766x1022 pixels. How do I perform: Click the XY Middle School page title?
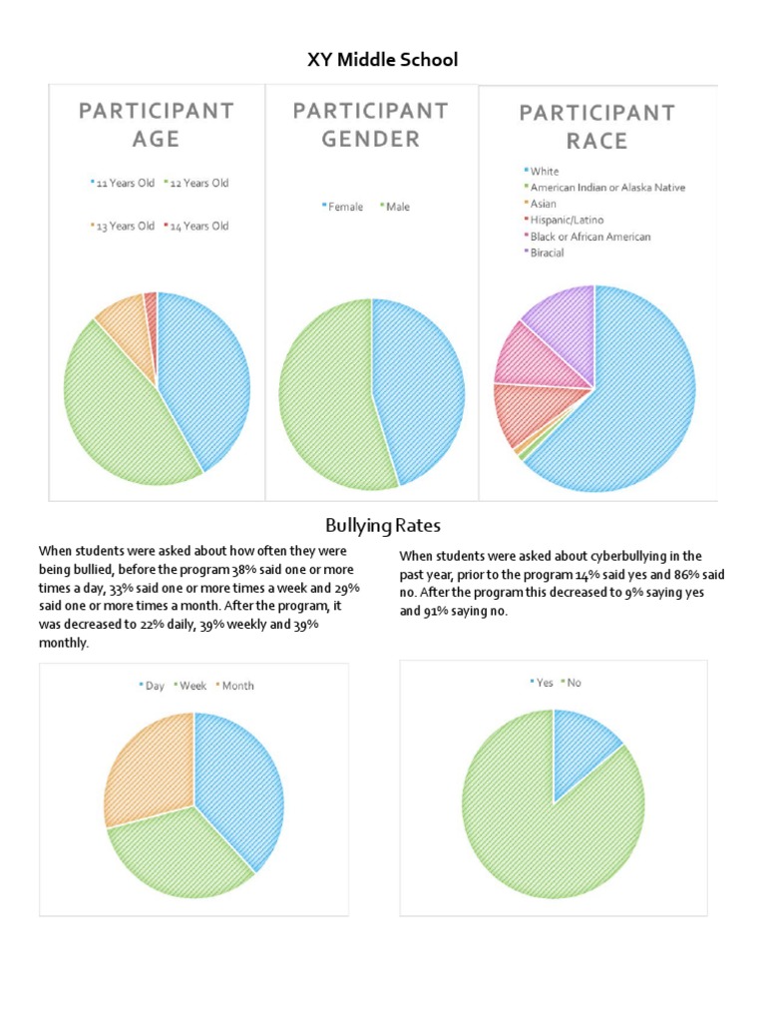click(x=383, y=60)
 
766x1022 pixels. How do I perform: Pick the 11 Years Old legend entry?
click(x=122, y=184)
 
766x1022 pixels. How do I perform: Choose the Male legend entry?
click(x=394, y=208)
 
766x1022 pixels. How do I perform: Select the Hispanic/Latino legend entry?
click(x=567, y=220)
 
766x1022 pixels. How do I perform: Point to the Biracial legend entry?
click(x=549, y=253)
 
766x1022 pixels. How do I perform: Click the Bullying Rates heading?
click(x=383, y=525)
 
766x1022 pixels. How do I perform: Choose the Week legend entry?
click(x=191, y=686)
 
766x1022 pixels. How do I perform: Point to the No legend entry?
click(x=573, y=683)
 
